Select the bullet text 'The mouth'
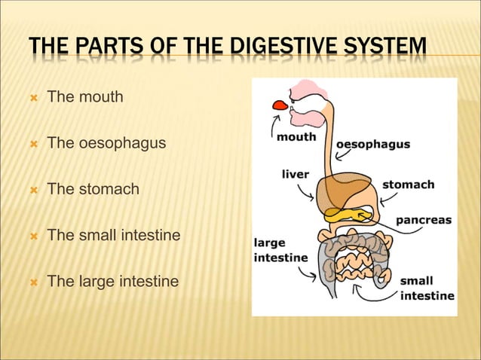click(85, 96)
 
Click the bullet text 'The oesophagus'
click(106, 142)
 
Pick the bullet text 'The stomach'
click(93, 189)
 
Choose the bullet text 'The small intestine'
click(114, 235)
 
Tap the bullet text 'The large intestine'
click(113, 282)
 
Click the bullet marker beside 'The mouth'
click(33, 97)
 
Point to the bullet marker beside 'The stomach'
click(33, 190)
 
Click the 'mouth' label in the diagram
click(296, 137)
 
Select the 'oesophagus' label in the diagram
click(372, 144)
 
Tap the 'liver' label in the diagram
click(295, 174)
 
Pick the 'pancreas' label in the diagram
click(424, 220)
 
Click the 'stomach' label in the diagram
click(408, 184)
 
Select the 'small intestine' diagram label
click(426, 288)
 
